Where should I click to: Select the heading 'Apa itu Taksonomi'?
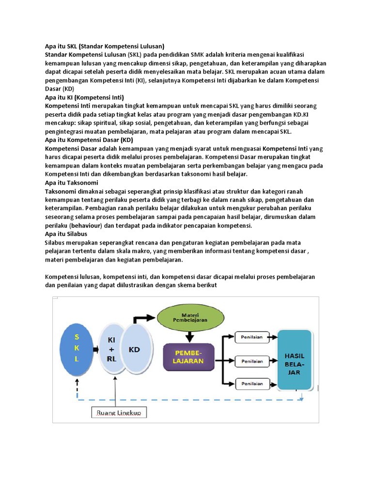(x=72, y=183)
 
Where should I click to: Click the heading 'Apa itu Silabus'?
(x=66, y=234)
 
